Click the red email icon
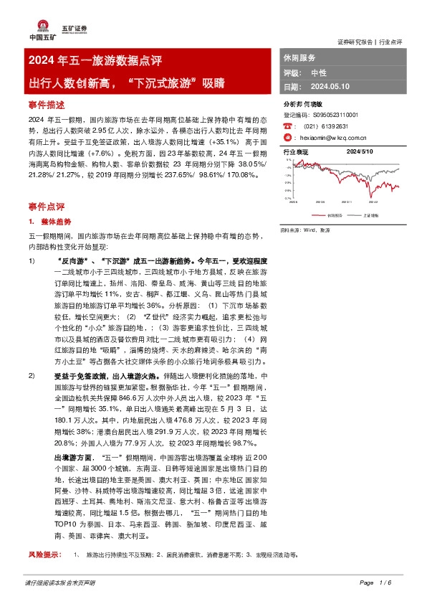(287, 137)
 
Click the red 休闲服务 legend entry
(330, 214)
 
